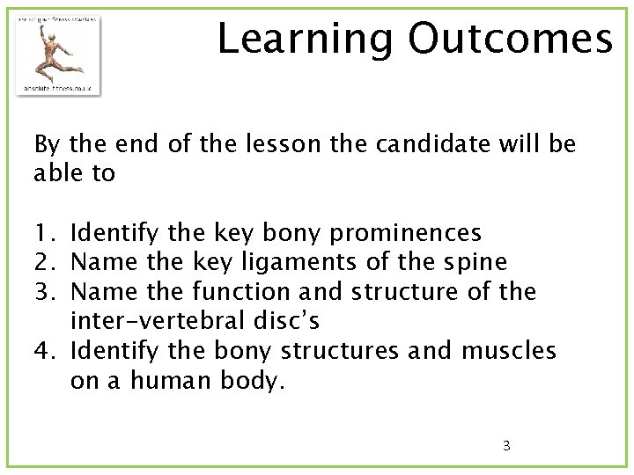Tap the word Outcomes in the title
pyautogui.click(x=510, y=39)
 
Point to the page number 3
pyautogui.click(x=506, y=445)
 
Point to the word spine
pyautogui.click(x=475, y=262)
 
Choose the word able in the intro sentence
pyautogui.click(x=55, y=173)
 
